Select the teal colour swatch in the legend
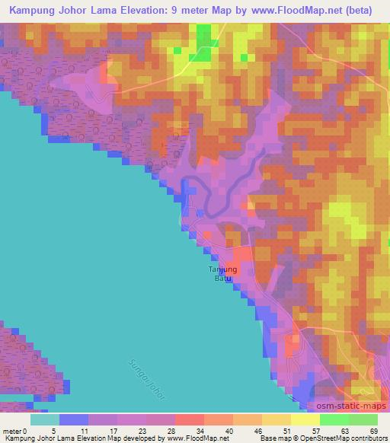point(44,419)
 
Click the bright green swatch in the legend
point(334,419)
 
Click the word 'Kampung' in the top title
point(31,10)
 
